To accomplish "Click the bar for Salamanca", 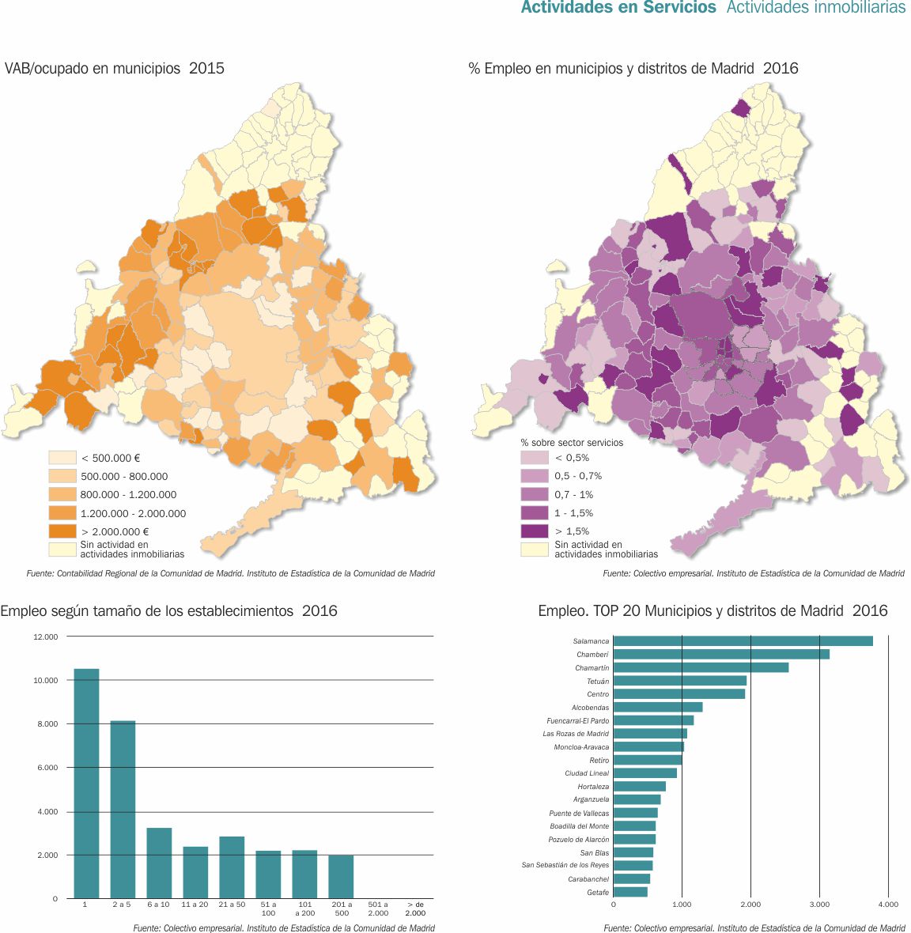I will (743, 641).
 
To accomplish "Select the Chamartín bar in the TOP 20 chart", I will (701, 667).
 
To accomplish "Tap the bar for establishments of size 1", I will (86, 783).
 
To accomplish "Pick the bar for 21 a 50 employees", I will (232, 867).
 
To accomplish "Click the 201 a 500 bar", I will (341, 876).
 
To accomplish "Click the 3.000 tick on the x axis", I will (818, 904).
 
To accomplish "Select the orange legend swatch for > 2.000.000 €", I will (62, 531).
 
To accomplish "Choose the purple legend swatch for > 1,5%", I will (534, 531).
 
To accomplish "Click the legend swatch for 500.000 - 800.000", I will (62, 476).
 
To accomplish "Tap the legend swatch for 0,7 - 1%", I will (534, 494).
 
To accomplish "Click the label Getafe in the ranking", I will (598, 892).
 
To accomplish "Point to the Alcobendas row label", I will (590, 708).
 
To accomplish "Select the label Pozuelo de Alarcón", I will (579, 840).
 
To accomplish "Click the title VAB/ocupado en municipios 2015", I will (115, 68).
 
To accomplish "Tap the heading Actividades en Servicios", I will (618, 8).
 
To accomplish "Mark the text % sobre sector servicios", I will (572, 443).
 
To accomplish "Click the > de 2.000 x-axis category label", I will (415, 908).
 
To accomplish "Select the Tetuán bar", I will (679, 681).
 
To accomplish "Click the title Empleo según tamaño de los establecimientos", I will (168, 610).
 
